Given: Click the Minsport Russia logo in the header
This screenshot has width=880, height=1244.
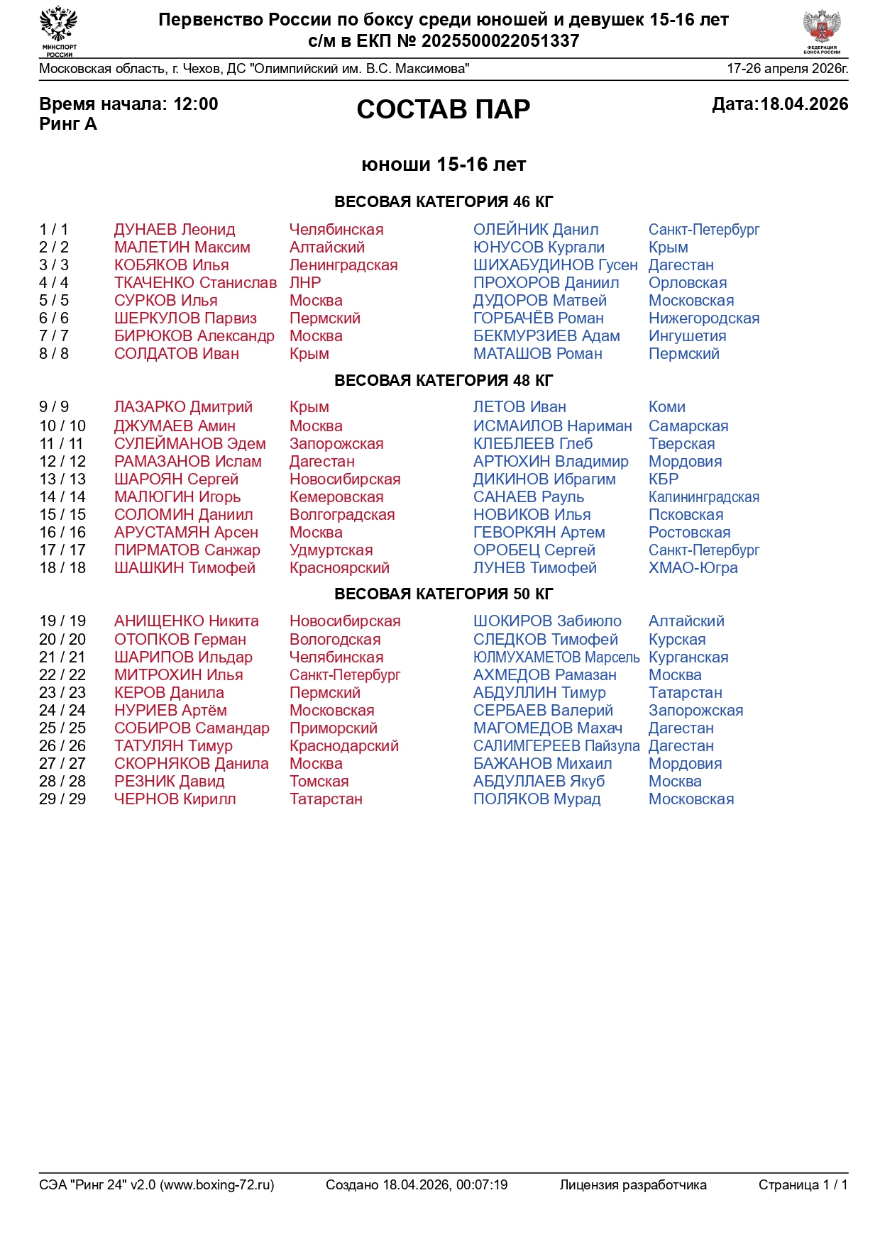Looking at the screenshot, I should tap(59, 30).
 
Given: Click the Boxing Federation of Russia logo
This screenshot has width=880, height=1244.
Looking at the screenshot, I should tap(822, 31).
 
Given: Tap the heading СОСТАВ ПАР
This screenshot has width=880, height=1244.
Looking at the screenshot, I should tap(443, 109).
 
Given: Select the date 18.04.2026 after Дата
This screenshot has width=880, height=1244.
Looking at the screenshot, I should tap(804, 104).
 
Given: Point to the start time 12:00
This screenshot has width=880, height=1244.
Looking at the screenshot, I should tap(196, 104).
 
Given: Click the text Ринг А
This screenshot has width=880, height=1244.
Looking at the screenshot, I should tap(68, 124).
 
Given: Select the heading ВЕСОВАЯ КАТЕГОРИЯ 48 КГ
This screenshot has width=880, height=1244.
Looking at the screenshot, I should tap(443, 380).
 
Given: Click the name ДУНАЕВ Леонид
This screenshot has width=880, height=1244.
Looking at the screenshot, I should tap(175, 230).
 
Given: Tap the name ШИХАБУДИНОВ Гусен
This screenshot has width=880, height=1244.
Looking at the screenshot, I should tap(555, 265).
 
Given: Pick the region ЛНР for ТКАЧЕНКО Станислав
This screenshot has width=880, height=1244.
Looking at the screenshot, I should tap(305, 283).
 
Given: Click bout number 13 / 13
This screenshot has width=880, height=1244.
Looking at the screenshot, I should tap(62, 479).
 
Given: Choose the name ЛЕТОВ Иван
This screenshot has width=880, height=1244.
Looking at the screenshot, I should tap(519, 407).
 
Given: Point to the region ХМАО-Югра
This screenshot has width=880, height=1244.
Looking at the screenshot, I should tap(693, 568).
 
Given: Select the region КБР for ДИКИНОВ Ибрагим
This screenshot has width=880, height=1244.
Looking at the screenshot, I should tap(663, 479).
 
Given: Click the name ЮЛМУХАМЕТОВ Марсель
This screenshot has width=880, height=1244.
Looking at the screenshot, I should tap(556, 657).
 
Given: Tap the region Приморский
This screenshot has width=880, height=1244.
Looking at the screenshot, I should tap(333, 728).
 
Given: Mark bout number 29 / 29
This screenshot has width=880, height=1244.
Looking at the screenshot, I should tap(62, 799).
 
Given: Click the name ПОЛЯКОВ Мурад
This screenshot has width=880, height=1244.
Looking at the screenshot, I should tap(537, 799).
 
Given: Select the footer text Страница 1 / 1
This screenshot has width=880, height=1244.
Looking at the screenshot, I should tap(803, 1184).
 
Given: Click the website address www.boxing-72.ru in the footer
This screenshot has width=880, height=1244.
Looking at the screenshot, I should tap(216, 1184).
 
